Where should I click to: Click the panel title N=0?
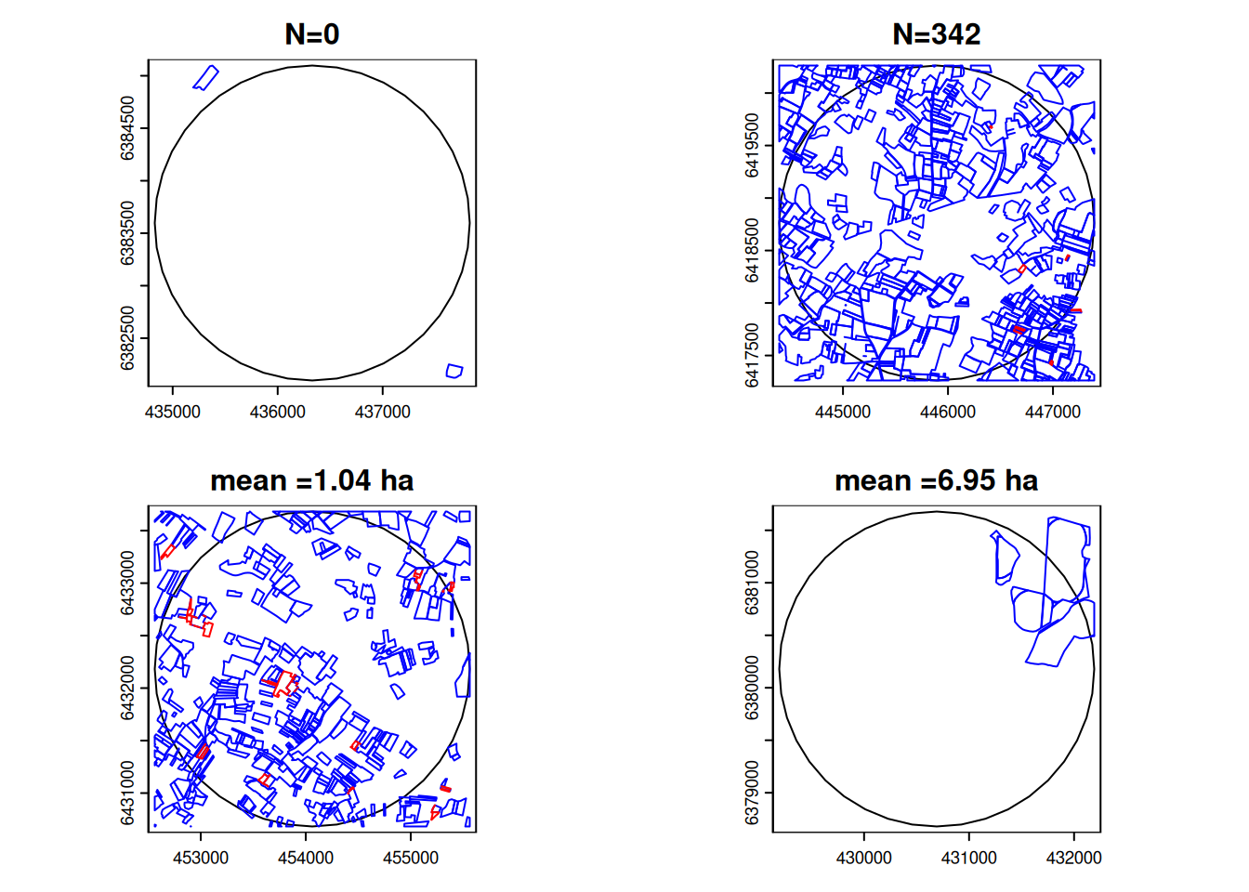tap(311, 34)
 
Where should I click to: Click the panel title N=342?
tap(936, 34)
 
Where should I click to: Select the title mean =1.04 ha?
tap(311, 480)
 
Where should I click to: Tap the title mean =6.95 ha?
tap(936, 480)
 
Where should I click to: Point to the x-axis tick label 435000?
tap(173, 412)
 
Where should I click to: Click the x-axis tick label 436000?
tap(278, 412)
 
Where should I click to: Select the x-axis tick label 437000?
tap(383, 412)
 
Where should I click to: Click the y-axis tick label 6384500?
tap(128, 128)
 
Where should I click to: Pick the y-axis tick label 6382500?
tap(128, 338)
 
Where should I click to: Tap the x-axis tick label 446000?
tap(948, 412)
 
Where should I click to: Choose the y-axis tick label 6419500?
tap(753, 145)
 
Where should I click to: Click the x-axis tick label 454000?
tap(306, 858)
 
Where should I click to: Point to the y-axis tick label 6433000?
tap(128, 583)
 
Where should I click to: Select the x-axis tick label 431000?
tap(969, 858)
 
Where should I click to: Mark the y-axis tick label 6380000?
tap(753, 688)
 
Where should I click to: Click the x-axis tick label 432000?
tap(1073, 858)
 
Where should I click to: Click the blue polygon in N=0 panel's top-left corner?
tap(206, 77)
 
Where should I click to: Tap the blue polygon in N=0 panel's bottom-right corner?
tap(454, 372)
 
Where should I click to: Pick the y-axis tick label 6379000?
tap(753, 793)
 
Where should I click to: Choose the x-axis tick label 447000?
tap(1053, 412)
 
